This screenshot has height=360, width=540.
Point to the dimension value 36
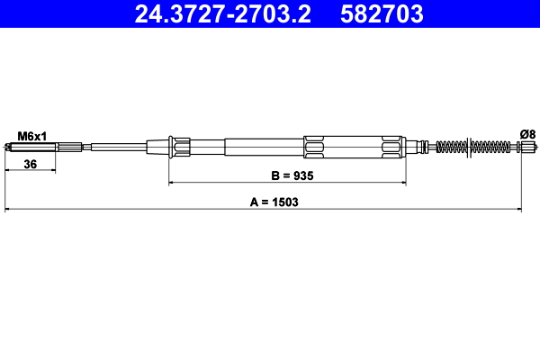tap(30, 165)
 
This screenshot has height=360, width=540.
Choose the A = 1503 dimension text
tap(274, 202)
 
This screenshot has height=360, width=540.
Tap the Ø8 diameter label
tap(527, 134)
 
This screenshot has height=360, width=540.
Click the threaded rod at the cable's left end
tap(45, 146)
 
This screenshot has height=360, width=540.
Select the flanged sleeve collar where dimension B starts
tap(180, 146)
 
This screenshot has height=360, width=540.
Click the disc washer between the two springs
tap(467, 146)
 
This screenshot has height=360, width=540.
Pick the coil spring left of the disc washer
tap(450, 146)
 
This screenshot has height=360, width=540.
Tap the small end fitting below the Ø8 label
tap(524, 146)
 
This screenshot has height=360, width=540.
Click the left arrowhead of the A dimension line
tap(8, 211)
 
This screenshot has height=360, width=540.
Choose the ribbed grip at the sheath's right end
tap(391, 146)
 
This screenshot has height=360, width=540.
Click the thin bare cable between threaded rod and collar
tap(117, 146)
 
